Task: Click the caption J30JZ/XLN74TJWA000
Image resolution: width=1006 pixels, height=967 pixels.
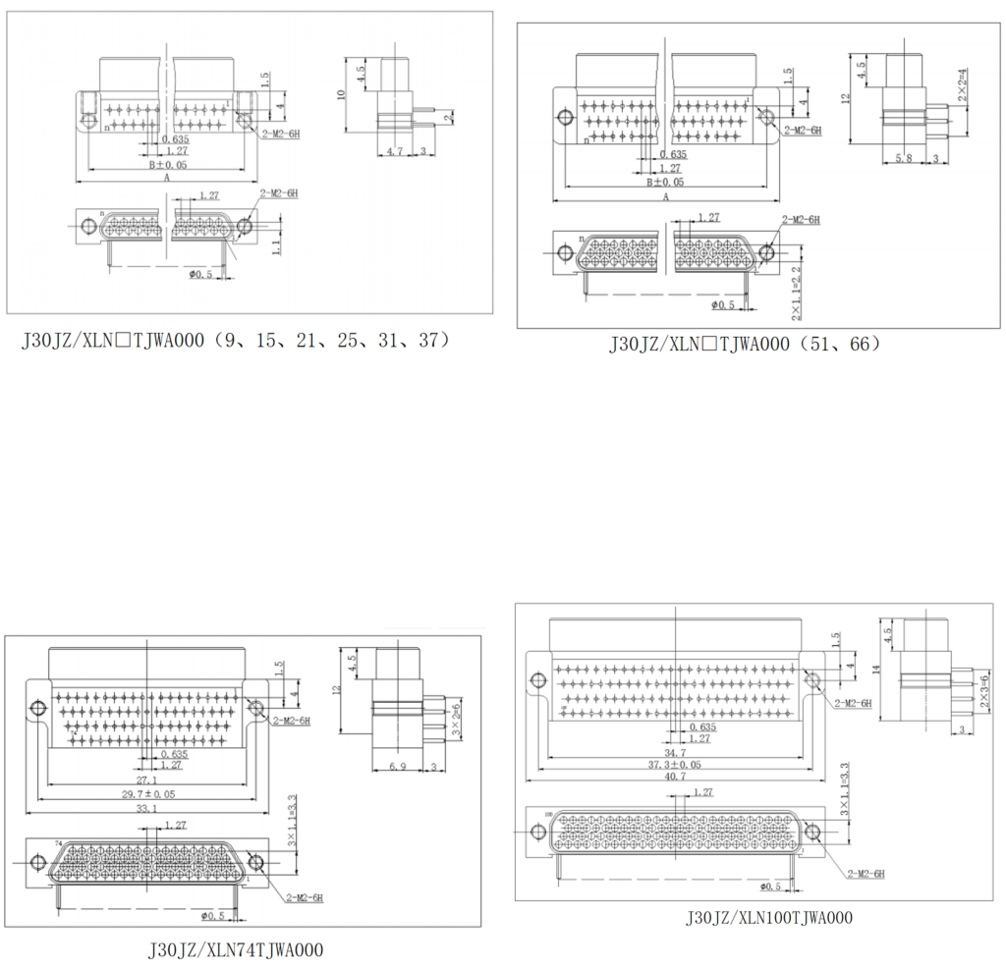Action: tap(235, 949)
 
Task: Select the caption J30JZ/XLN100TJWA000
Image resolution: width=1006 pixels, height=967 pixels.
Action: tap(769, 918)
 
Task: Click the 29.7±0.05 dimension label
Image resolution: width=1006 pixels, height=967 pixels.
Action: tap(148, 792)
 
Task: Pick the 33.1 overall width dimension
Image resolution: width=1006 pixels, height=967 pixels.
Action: tap(147, 808)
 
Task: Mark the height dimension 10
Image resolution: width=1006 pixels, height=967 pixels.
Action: tap(341, 94)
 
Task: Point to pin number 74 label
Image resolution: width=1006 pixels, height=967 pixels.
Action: tap(58, 843)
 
